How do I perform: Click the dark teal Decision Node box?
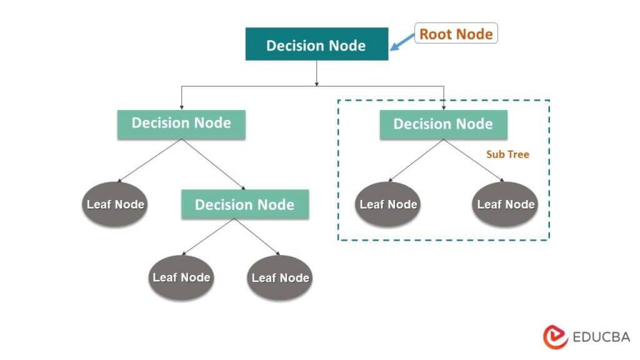tap(316, 46)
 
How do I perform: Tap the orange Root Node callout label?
tap(456, 34)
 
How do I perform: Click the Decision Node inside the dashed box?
tap(443, 124)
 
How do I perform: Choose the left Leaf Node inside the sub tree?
tap(388, 204)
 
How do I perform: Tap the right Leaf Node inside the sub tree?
tap(505, 204)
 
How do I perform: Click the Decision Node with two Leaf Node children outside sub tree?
tap(244, 204)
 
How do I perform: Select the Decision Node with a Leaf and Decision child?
tap(181, 123)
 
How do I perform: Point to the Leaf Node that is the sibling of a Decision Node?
tap(115, 204)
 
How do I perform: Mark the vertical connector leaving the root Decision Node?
tap(317, 72)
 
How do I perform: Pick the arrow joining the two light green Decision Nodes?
tap(212, 164)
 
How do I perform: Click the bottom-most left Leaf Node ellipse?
tap(181, 277)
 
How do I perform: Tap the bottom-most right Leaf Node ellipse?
tap(280, 277)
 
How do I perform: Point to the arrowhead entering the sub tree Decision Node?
tap(443, 108)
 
